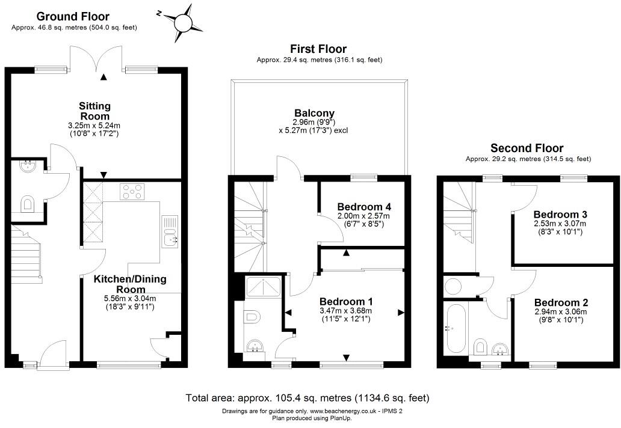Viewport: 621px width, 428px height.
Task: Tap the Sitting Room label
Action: coord(94,111)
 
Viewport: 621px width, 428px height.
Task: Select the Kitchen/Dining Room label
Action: coord(131,284)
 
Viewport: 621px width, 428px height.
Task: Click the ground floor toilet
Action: coord(28,204)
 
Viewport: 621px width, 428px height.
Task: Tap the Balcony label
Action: coord(314,113)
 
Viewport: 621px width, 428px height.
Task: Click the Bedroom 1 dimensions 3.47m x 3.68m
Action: coord(345,311)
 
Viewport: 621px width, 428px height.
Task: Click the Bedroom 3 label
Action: coord(560,214)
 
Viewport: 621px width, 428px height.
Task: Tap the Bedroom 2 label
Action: coord(560,302)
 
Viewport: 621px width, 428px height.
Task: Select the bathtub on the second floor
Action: coord(454,329)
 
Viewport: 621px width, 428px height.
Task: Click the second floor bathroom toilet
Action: coord(481,346)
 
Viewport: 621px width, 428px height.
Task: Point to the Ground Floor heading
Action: coord(73,16)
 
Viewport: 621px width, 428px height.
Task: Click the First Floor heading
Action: coord(318,49)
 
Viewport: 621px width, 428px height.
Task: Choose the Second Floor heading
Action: coord(527,148)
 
